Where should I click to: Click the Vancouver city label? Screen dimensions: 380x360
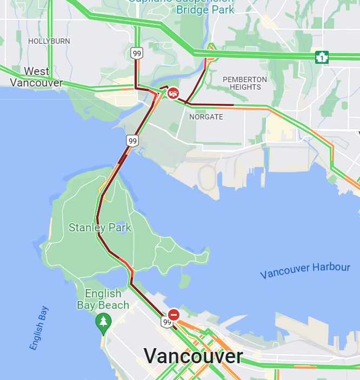tap(193, 356)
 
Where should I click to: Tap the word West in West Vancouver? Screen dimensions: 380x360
tap(37, 71)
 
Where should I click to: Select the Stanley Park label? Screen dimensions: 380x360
tap(100, 228)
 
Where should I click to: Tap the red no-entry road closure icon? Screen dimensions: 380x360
tap(174, 315)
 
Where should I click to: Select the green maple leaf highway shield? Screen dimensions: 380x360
tap(322, 57)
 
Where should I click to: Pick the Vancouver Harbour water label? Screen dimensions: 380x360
tap(305, 270)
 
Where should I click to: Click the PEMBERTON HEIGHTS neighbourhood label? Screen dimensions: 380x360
tap(245, 83)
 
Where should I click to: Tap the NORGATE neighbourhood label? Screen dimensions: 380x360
tap(206, 117)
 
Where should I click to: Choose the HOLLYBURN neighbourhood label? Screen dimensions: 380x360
tap(49, 41)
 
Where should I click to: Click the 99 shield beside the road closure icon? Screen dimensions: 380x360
tap(166, 323)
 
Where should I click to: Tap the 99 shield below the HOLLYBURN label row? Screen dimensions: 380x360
tap(136, 53)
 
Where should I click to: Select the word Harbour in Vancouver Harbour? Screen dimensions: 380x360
tap(330, 267)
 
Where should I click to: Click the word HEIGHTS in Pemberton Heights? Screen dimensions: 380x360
tap(245, 87)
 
